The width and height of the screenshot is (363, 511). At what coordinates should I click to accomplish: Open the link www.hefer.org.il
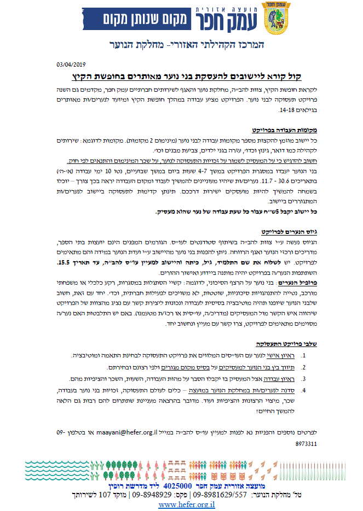[187, 504]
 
